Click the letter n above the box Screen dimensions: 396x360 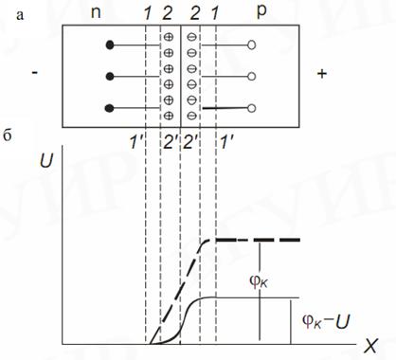pos(96,13)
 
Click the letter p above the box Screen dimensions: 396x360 pos(261,13)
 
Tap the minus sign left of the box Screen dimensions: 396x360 pos(35,73)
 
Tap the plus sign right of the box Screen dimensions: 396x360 pos(322,74)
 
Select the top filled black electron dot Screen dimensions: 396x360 pos(110,45)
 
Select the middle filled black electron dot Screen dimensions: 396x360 pos(110,77)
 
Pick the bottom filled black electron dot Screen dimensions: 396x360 pos(110,108)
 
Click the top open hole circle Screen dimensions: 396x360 pos(251,45)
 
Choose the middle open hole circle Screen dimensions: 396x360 pos(251,77)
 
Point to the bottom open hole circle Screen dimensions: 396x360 pos(251,108)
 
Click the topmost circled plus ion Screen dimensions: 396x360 pos(169,37)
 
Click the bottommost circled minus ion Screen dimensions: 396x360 pos(191,116)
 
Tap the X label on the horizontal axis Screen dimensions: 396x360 pos(370,347)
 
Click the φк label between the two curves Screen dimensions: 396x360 pos(259,282)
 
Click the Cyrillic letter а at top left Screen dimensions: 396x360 pos(20,15)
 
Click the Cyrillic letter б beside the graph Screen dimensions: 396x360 pos(7,136)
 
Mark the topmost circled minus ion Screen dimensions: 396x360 pos(191,37)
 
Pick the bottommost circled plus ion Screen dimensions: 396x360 pos(169,116)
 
